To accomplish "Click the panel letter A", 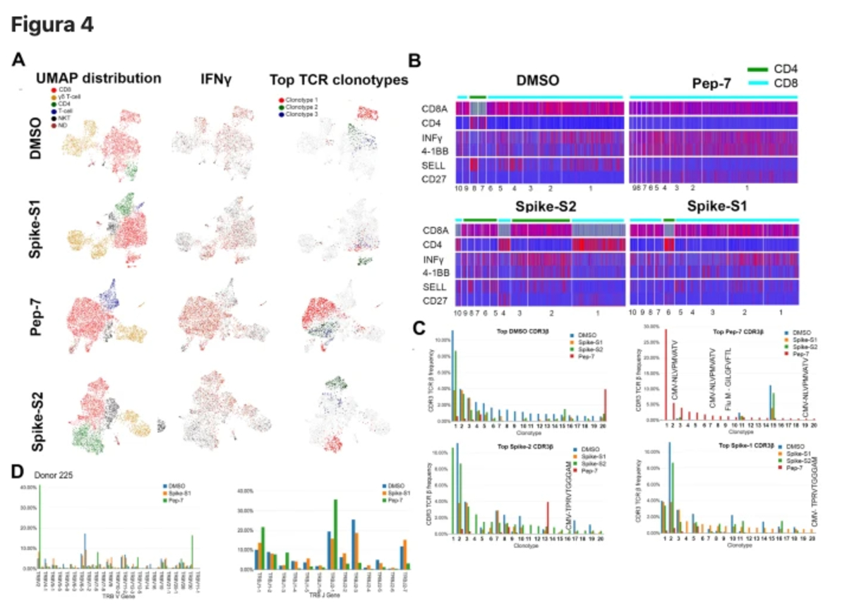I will coord(20,60).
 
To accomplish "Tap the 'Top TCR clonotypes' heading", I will coord(339,80).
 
